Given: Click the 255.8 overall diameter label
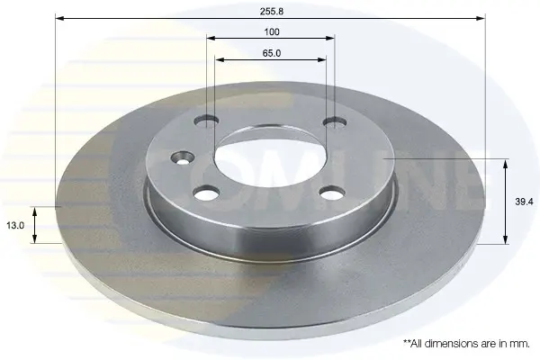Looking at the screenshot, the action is point(272,11).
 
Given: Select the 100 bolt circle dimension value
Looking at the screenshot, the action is point(272,32).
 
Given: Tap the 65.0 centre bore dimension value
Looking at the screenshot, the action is point(272,53).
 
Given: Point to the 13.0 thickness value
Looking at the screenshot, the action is point(15,226).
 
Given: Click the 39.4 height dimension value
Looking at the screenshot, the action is point(524,202).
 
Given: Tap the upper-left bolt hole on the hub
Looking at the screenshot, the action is point(206,121).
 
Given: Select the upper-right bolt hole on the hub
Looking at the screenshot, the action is point(335,122).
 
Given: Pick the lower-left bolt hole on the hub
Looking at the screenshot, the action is point(207,193).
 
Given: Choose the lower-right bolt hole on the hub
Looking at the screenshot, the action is point(332,193).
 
